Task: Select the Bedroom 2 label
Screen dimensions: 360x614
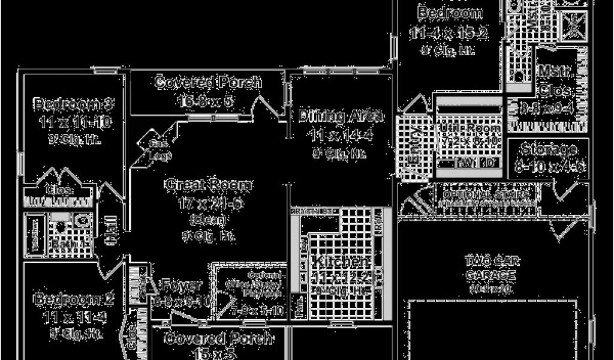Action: click(x=65, y=298)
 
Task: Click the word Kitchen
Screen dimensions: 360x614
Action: click(x=340, y=262)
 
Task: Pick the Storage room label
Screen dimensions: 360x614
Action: click(x=549, y=149)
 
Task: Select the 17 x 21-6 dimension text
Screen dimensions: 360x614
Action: click(x=209, y=203)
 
